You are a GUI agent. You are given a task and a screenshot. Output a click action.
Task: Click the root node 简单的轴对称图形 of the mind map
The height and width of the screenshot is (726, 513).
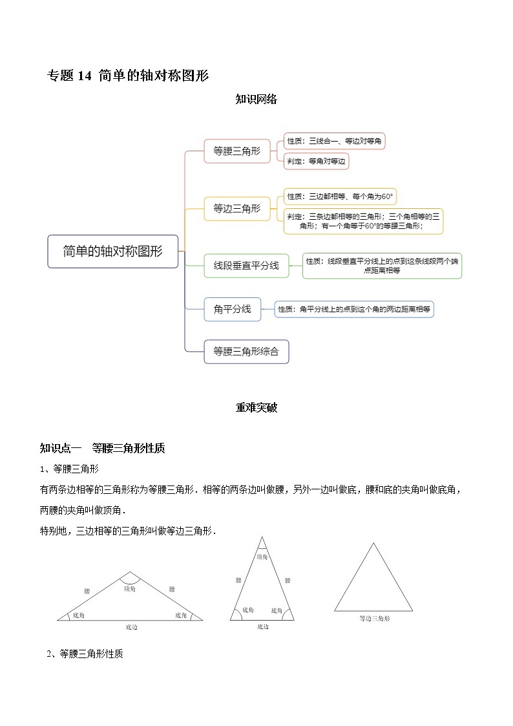coord(113,251)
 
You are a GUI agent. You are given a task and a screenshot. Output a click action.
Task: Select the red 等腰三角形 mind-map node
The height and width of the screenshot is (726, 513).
coord(237,151)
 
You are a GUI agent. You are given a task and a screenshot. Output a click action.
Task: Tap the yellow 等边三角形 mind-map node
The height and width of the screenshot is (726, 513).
coord(237,208)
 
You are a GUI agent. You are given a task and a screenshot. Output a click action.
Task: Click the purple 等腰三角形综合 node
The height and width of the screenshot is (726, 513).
coord(246,351)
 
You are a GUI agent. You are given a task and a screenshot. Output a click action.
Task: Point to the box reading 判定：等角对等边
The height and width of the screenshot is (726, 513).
coord(317,161)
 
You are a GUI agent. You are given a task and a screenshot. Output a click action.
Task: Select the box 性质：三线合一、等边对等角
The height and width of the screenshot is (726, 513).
coord(335,141)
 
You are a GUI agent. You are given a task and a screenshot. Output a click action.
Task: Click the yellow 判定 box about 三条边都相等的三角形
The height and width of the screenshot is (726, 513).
coord(364,221)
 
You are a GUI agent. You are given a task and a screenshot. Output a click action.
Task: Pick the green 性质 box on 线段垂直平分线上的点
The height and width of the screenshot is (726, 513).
coord(382,266)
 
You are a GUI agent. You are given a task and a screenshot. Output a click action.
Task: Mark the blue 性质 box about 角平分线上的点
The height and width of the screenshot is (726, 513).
coord(354,310)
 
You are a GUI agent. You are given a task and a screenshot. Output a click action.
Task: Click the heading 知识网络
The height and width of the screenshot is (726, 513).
coord(256,99)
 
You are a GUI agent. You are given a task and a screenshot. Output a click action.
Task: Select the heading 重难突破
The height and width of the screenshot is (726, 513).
coord(256,407)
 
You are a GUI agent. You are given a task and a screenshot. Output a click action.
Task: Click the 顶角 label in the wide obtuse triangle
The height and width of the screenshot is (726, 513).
coord(130,588)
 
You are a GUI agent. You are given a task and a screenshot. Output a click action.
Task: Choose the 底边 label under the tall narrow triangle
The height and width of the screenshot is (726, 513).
coord(262,626)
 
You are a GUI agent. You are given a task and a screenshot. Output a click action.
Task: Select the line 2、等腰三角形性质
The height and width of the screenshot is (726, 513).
coord(85,654)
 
